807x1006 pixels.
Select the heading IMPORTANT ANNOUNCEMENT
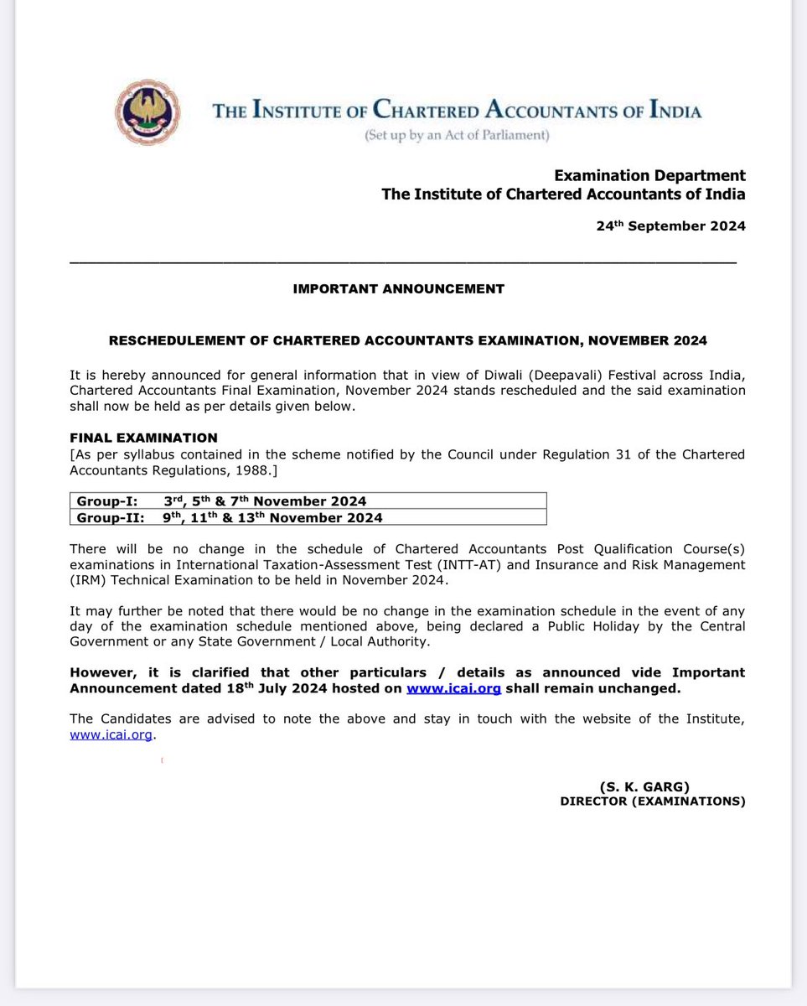[399, 289]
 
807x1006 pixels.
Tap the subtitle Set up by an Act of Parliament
[457, 136]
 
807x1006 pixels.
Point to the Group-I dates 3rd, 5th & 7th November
[265, 501]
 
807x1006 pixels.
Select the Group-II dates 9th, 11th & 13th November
[272, 517]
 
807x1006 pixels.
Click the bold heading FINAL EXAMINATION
[143, 438]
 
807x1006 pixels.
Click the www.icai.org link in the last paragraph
[112, 734]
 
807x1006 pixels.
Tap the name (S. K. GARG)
[643, 786]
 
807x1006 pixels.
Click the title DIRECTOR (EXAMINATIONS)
[653, 801]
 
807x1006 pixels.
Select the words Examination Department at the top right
[649, 176]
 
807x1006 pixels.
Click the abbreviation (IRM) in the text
[85, 580]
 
